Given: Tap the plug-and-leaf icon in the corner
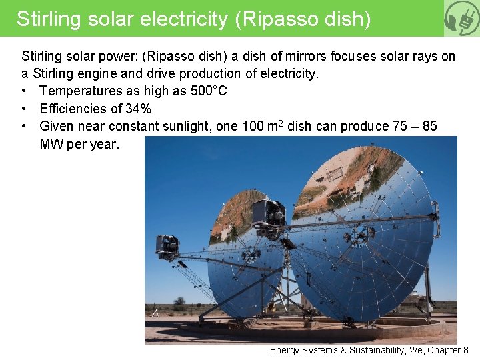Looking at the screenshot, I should click(462, 18).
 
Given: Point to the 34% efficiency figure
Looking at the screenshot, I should click(139, 109).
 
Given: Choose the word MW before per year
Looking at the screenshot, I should click(51, 144).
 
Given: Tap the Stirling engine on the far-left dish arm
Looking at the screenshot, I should click(167, 244).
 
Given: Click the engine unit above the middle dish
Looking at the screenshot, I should click(269, 213).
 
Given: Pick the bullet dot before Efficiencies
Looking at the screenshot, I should click(25, 109).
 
